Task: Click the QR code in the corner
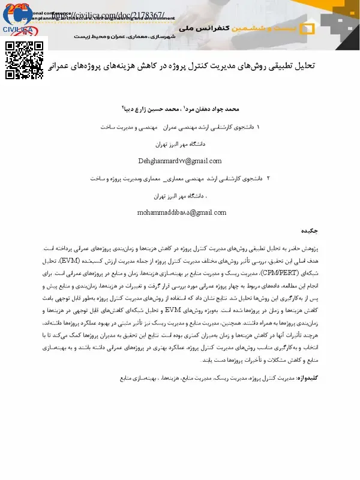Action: [x=24, y=60]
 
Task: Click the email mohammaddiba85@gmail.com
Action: [x=182, y=212]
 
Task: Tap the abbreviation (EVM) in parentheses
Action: [x=307, y=261]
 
